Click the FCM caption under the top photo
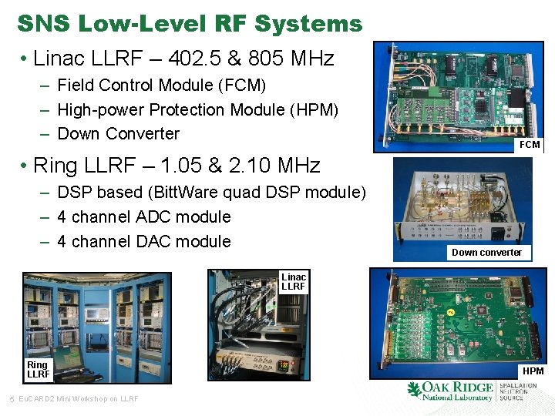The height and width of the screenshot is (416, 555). pyautogui.click(x=530, y=145)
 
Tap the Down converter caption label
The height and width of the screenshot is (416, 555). pyautogui.click(x=486, y=253)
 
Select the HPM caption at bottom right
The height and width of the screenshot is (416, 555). pyautogui.click(x=533, y=371)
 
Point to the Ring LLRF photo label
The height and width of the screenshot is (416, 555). pyautogui.click(x=38, y=370)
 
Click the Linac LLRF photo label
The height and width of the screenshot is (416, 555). pyautogui.click(x=294, y=282)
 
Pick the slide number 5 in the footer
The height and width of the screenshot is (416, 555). pyautogui.click(x=11, y=398)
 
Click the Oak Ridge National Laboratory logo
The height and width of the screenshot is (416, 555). pyautogui.click(x=450, y=391)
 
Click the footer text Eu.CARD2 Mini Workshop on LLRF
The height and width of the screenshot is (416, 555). pyautogui.click(x=78, y=398)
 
